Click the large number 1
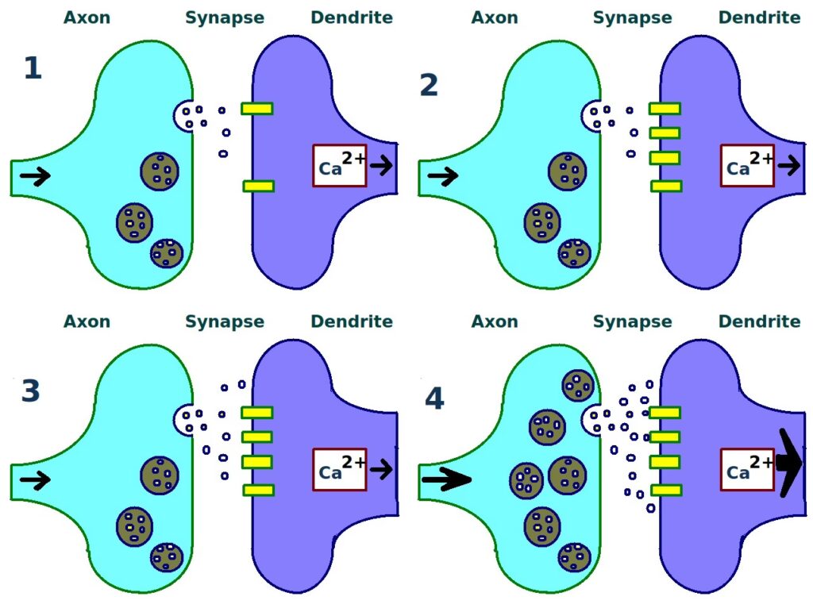click(x=33, y=69)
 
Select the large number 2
click(x=429, y=84)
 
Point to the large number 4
click(x=434, y=398)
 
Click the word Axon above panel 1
click(x=87, y=17)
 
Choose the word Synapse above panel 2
click(x=632, y=17)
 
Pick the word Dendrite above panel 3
click(x=352, y=321)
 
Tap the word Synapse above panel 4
click(x=632, y=321)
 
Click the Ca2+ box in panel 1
click(x=340, y=166)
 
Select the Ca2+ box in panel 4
click(x=747, y=470)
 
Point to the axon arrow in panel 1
click(x=34, y=176)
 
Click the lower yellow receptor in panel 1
click(x=258, y=187)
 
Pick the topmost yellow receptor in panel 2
click(x=665, y=108)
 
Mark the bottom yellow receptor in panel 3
click(x=258, y=490)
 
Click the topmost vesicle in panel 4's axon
click(x=577, y=385)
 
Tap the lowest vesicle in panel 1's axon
click(x=167, y=253)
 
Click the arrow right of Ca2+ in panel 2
click(x=789, y=165)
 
